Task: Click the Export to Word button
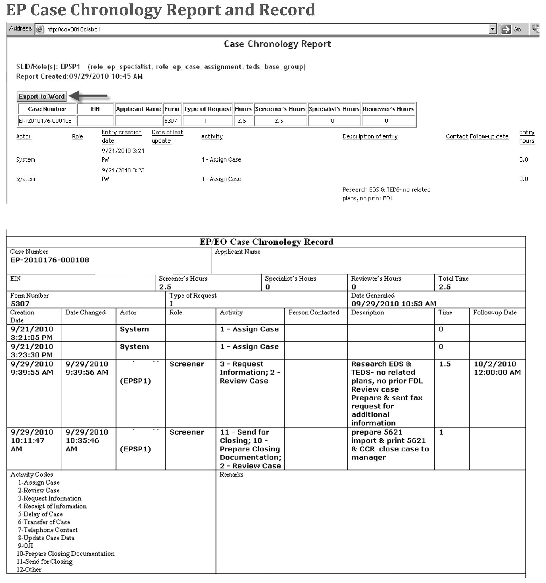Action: (42, 96)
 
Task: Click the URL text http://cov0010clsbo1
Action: (73, 29)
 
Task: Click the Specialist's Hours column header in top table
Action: (334, 109)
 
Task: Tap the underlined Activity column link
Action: (212, 136)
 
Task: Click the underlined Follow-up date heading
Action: (489, 136)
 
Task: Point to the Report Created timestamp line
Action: (79, 76)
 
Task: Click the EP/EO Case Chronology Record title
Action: (266, 242)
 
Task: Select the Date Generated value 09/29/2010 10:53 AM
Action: (394, 304)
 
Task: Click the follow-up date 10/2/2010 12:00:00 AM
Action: (497, 368)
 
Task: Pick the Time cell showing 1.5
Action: (444, 364)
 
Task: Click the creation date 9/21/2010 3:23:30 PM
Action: (32, 351)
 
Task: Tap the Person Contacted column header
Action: (314, 312)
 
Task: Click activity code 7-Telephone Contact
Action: (48, 530)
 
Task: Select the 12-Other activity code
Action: (29, 569)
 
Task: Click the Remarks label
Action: (231, 475)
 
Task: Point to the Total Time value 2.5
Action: (444, 287)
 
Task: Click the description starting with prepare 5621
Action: (390, 445)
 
